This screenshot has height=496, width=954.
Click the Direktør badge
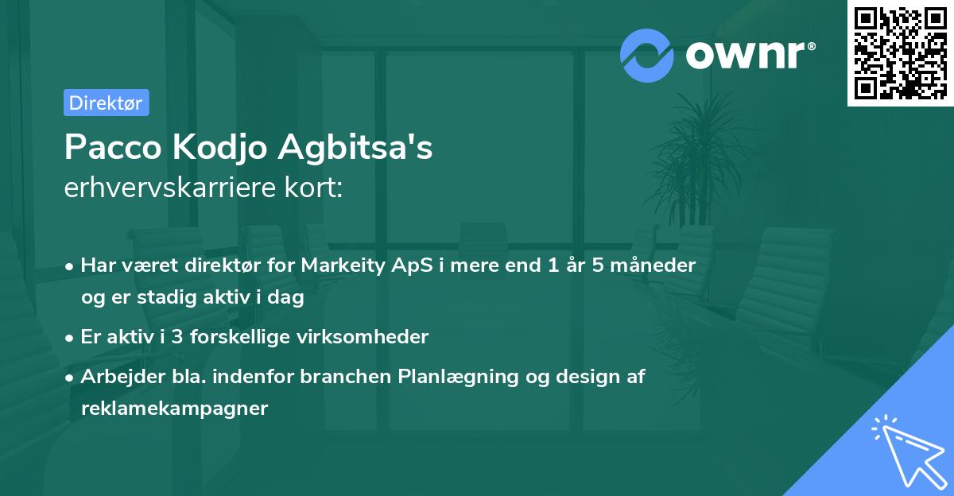(106, 103)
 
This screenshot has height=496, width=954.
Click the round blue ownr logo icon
(647, 55)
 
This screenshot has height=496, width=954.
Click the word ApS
(408, 265)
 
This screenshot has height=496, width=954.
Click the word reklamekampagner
(174, 409)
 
